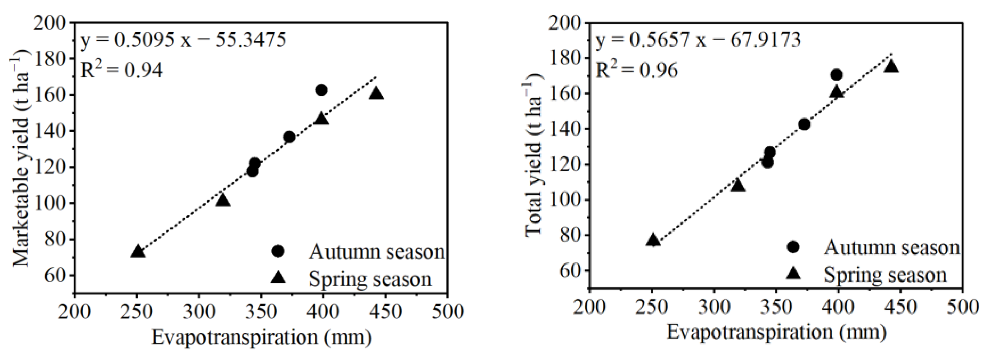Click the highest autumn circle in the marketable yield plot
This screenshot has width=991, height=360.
321,90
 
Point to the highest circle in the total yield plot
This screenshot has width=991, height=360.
836,75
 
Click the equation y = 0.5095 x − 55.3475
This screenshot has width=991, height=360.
183,40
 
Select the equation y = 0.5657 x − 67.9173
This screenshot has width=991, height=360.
698,40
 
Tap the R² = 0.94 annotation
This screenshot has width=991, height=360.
121,71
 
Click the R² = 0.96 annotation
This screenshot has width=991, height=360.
637,71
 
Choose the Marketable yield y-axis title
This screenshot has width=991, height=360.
22,158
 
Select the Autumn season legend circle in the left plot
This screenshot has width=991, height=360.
278,251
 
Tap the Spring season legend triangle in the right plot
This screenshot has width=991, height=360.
793,274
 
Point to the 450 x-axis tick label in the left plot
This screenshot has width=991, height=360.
386,312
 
